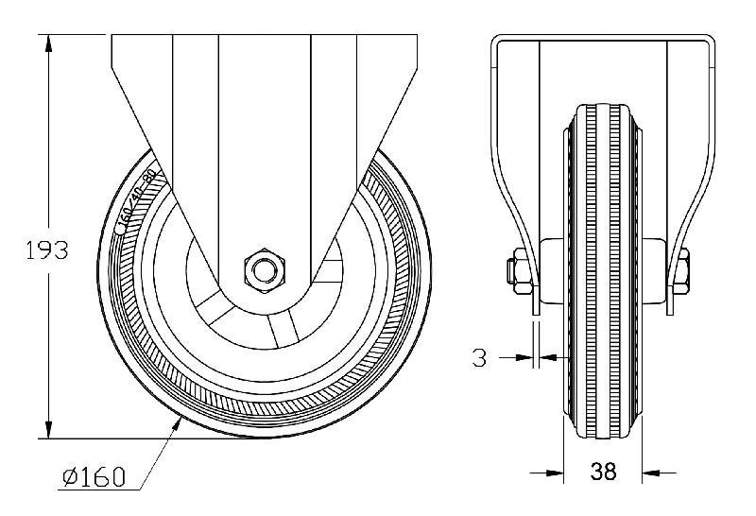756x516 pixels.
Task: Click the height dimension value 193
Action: click(46, 251)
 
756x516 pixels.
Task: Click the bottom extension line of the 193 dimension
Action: click(113, 439)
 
